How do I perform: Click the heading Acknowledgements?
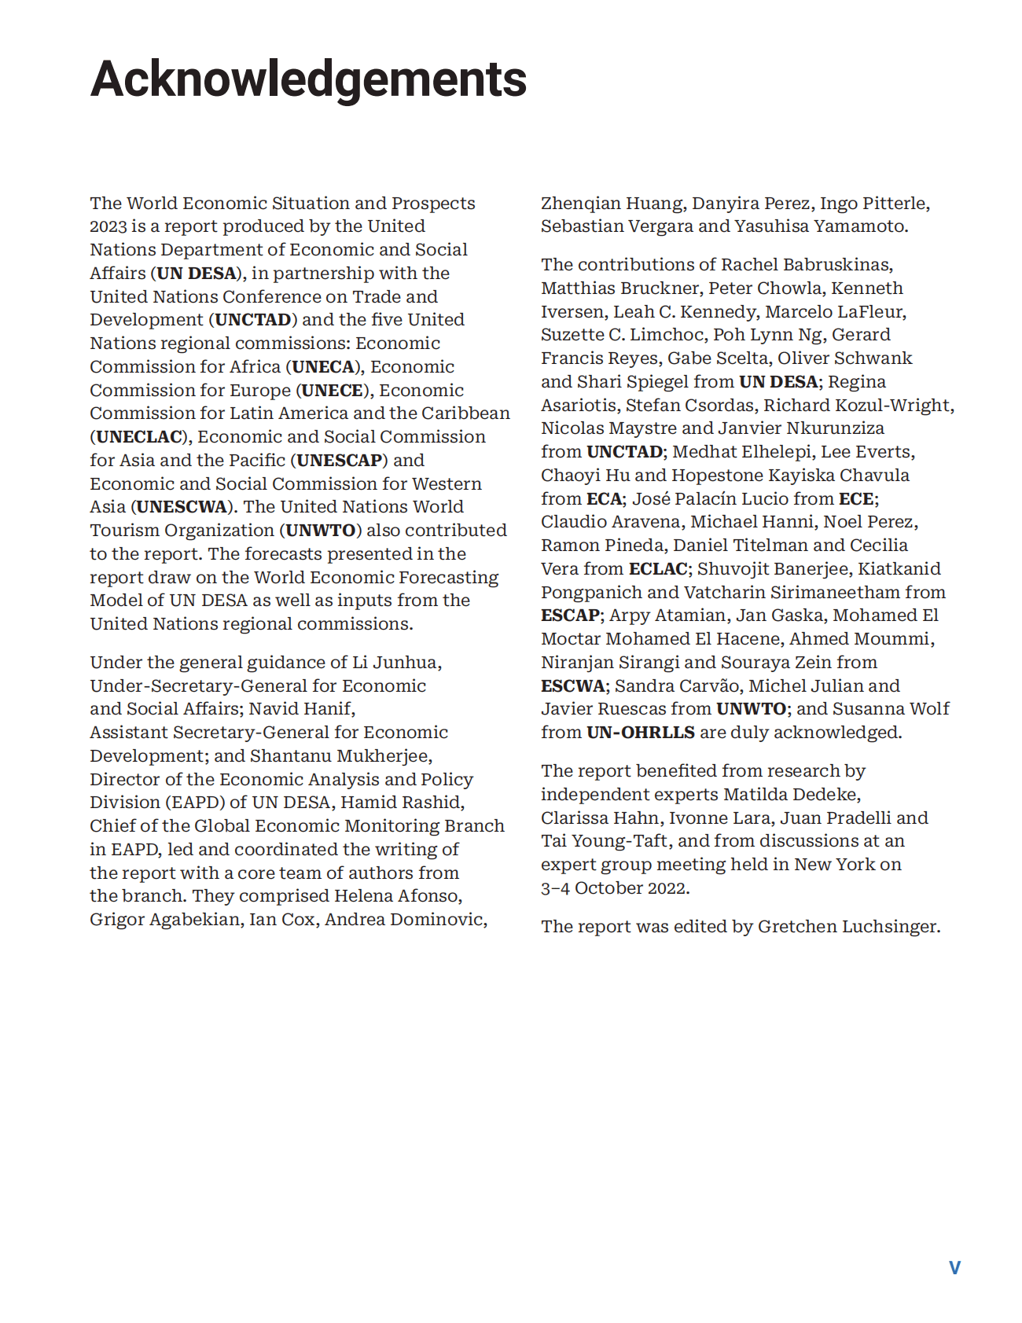[308, 79]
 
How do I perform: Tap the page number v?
[954, 1267]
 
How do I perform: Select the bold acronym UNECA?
[323, 367]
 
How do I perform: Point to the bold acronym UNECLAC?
[139, 437]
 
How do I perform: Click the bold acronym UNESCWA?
[182, 507]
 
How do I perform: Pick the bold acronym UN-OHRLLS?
[641, 733]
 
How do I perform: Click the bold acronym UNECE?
[333, 391]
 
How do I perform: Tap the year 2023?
[108, 226]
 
